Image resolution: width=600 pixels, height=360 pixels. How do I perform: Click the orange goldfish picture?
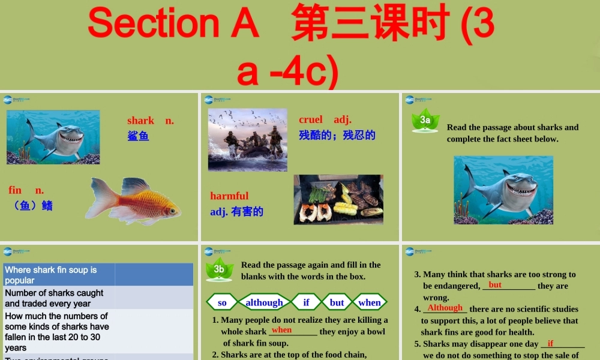[133, 200]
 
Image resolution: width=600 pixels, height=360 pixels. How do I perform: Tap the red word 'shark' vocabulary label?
[141, 121]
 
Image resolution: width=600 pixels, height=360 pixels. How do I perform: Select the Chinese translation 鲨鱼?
[138, 136]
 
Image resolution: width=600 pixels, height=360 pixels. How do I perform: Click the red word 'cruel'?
[311, 119]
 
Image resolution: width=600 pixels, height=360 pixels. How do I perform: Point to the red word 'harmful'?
[229, 196]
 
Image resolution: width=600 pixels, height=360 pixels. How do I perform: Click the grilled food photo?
[338, 199]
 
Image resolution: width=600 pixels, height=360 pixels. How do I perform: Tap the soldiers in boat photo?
[247, 140]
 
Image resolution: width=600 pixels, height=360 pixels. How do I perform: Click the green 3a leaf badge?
[425, 120]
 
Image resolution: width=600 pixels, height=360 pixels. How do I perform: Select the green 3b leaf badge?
[219, 269]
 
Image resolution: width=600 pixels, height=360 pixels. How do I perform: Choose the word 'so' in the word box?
[222, 302]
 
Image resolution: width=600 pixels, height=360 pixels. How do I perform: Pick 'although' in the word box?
[264, 302]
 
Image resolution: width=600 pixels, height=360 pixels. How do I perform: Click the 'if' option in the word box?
[306, 302]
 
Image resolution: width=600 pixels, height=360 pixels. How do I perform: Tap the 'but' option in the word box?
[337, 302]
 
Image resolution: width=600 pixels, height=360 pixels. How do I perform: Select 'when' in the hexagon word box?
[370, 302]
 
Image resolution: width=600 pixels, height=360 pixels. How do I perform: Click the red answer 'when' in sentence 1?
[281, 330]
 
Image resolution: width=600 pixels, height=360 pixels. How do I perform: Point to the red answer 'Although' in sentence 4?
[445, 308]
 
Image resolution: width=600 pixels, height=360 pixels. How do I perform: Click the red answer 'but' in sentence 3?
[495, 285]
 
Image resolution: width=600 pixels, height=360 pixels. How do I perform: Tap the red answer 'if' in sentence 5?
[550, 344]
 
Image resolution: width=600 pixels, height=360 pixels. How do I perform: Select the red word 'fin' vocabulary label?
[15, 190]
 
